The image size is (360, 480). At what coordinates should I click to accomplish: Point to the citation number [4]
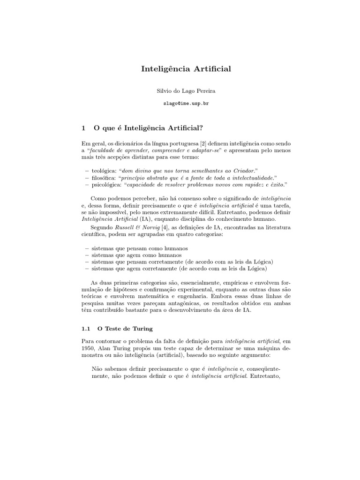pos(150,227)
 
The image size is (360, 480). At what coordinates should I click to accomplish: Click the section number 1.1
pos(85,329)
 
